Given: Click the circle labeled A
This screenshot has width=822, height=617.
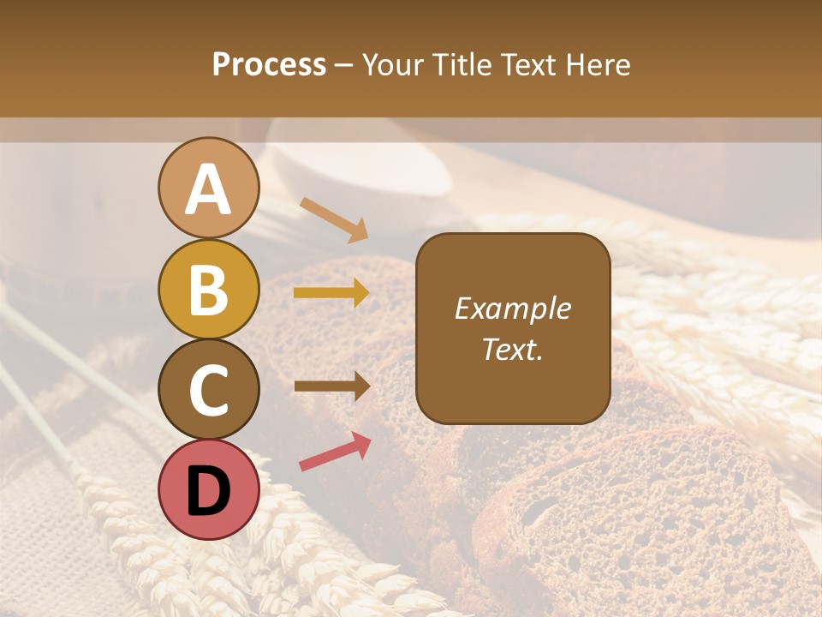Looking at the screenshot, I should pyautogui.click(x=208, y=188).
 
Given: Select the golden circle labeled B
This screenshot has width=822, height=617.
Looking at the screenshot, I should pyautogui.click(x=208, y=289).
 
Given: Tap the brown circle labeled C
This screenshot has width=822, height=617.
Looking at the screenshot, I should pyautogui.click(x=208, y=390).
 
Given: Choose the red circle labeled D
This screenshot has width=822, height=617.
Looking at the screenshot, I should pyautogui.click(x=208, y=490).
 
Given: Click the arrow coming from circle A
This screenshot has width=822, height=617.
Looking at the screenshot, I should pyautogui.click(x=334, y=219).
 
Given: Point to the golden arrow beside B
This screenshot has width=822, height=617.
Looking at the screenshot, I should pyautogui.click(x=331, y=293).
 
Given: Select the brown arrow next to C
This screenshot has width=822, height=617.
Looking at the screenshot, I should pyautogui.click(x=331, y=386).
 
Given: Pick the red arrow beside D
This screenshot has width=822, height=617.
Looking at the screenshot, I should pyautogui.click(x=335, y=452).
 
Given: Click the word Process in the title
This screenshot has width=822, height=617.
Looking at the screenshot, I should pyautogui.click(x=269, y=64).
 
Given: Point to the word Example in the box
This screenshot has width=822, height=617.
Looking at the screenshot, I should pyautogui.click(x=513, y=308).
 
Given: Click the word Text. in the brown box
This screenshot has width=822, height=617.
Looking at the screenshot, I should pyautogui.click(x=513, y=350).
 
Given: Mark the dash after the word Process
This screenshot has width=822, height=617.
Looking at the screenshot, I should pyautogui.click(x=344, y=66).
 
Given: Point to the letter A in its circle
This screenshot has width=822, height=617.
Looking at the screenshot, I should pyautogui.click(x=208, y=189).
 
